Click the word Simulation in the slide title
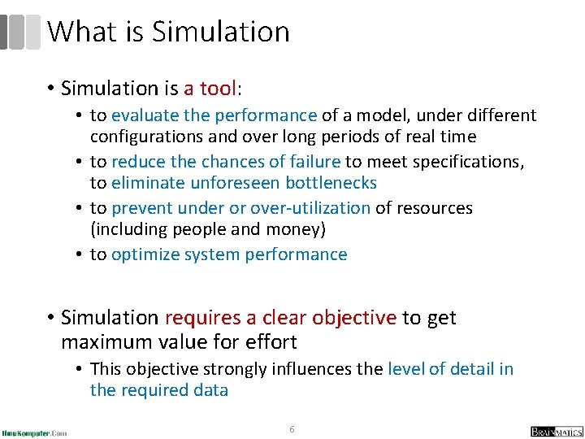point(220,32)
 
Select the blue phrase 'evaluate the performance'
point(214,115)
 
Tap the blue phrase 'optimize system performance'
point(229,254)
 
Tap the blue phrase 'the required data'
point(159,390)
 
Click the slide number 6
point(292,428)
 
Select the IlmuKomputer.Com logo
point(34,432)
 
